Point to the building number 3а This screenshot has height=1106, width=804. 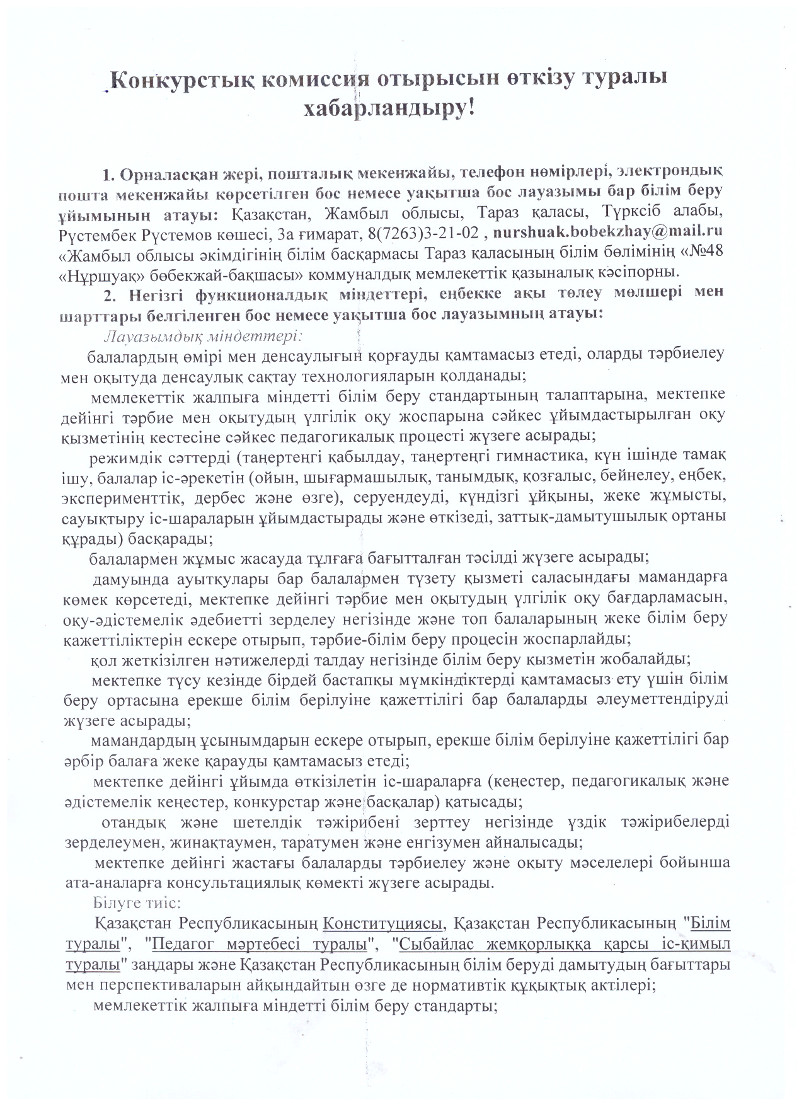point(287,233)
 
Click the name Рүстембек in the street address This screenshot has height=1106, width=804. point(99,233)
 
